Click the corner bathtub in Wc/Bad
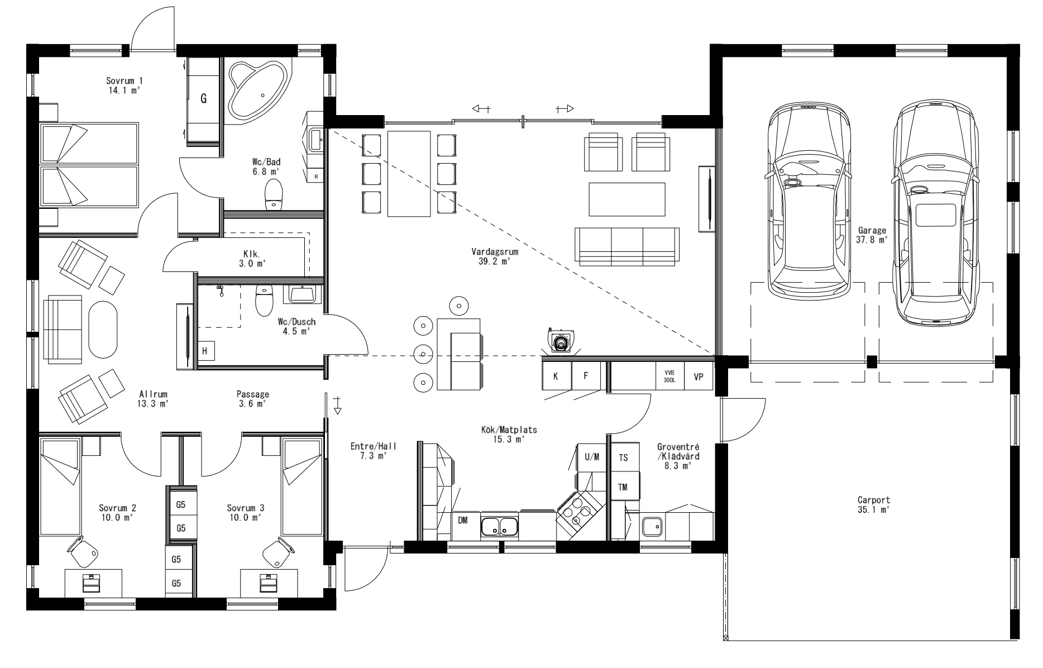[x=258, y=89]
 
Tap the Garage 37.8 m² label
[x=872, y=235]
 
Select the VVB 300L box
[x=669, y=376]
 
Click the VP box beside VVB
[x=698, y=376]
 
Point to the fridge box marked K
[x=556, y=376]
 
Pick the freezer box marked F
[x=586, y=376]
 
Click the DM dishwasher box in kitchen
[x=463, y=521]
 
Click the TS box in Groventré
[x=623, y=457]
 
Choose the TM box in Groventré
[x=623, y=487]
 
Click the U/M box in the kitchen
[x=592, y=457]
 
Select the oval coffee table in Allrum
[x=103, y=330]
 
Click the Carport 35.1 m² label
[x=874, y=504]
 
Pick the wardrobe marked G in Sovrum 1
[x=204, y=99]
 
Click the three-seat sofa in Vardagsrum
[x=628, y=246]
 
